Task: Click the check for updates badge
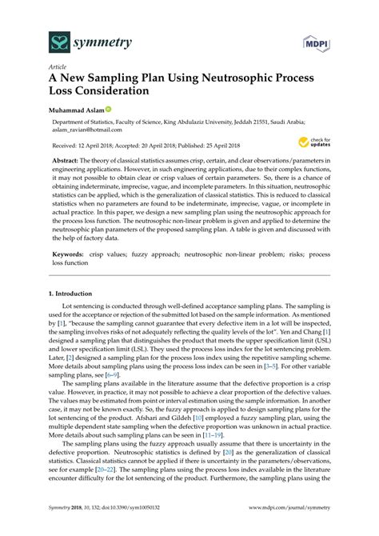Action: point(312,142)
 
